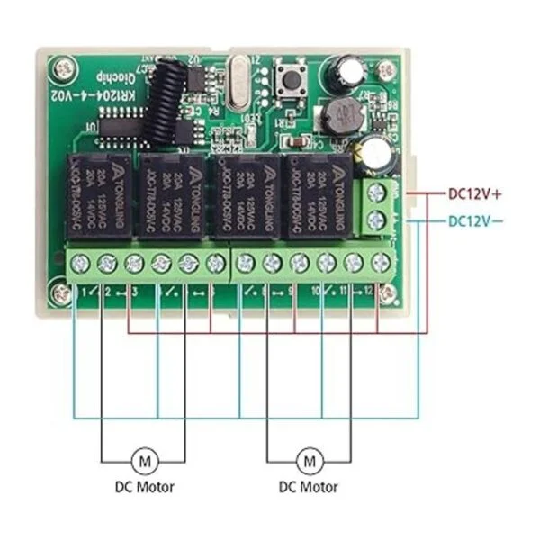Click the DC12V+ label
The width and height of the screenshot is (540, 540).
(474, 192)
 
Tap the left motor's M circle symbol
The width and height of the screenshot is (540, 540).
(144, 460)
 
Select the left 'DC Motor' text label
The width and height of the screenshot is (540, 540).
(144, 488)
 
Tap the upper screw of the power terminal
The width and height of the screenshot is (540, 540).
(378, 192)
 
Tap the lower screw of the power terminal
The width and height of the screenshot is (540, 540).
(378, 220)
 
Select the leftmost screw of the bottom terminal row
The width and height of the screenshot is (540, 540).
(80, 263)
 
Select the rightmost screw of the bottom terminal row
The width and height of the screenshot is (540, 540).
(381, 263)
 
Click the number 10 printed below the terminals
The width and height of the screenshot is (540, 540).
(315, 292)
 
